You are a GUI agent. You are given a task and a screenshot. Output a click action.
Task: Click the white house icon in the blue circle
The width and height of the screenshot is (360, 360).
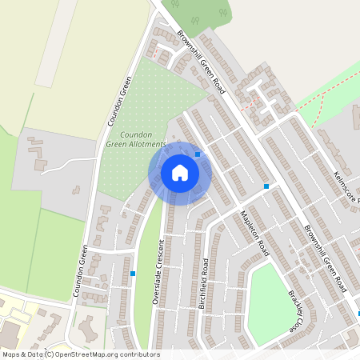point(180,173)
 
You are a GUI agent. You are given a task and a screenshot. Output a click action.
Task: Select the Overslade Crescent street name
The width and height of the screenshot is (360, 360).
point(159,264)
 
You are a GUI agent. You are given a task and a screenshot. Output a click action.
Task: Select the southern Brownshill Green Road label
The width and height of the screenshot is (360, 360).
point(329,257)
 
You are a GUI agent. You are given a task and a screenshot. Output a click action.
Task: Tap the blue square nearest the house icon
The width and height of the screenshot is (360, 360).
point(198,154)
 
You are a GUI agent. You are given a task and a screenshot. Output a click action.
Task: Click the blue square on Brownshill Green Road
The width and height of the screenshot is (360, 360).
point(266,186)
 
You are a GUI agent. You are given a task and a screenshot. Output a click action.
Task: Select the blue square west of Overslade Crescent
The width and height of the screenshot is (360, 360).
point(133,273)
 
